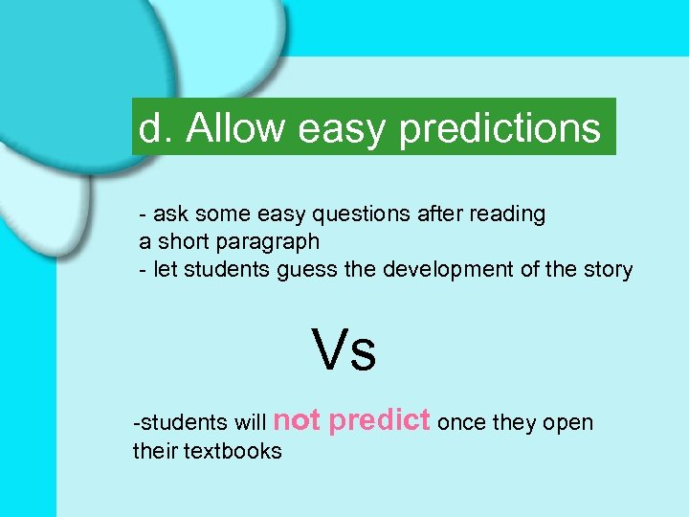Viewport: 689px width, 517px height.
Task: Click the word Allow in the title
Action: [x=235, y=128]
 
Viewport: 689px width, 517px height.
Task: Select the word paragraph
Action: [x=271, y=243]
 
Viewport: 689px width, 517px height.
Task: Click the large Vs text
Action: [x=344, y=350]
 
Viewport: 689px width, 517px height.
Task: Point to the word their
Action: [x=153, y=451]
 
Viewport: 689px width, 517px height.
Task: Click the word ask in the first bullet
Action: [x=169, y=215]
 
